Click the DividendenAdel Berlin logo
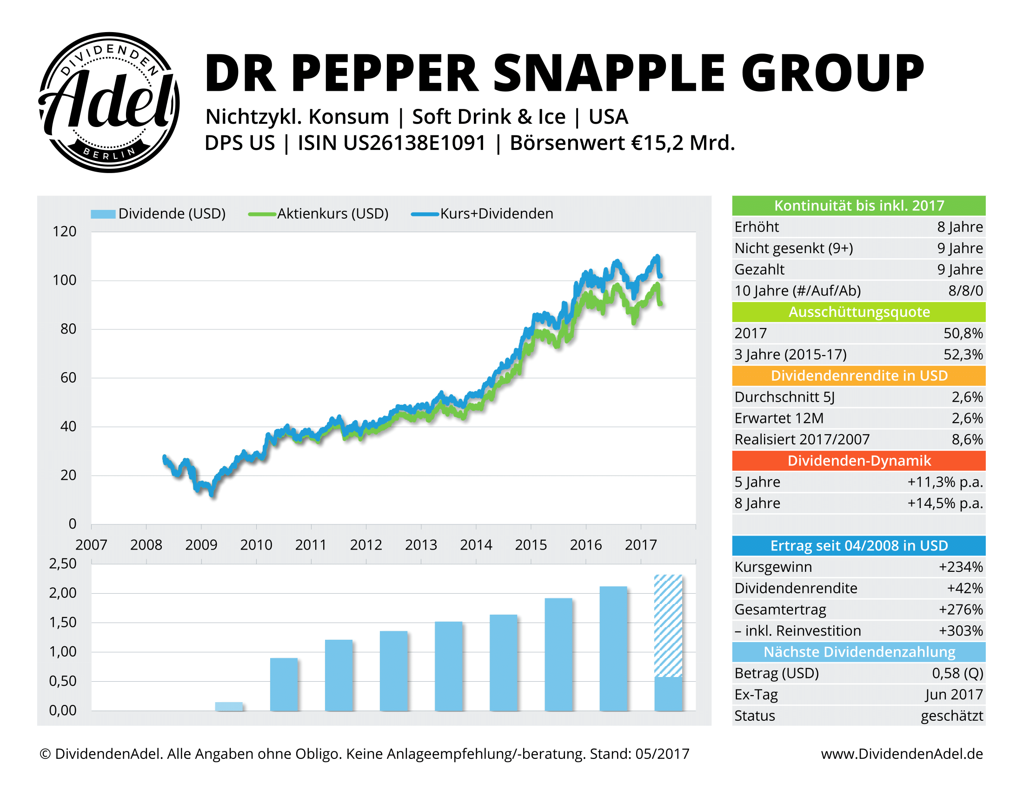109,102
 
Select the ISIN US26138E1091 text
392,143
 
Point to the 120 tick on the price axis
64,232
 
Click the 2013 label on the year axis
421,544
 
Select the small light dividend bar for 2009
229,706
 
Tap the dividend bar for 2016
613,649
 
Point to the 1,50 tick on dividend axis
63,622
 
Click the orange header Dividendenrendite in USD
858,376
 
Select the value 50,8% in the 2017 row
963,333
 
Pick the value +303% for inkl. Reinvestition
960,631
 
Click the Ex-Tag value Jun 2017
954,695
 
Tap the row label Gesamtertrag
780,610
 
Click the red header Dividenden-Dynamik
858,461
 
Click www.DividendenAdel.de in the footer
902,753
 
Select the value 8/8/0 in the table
965,290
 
